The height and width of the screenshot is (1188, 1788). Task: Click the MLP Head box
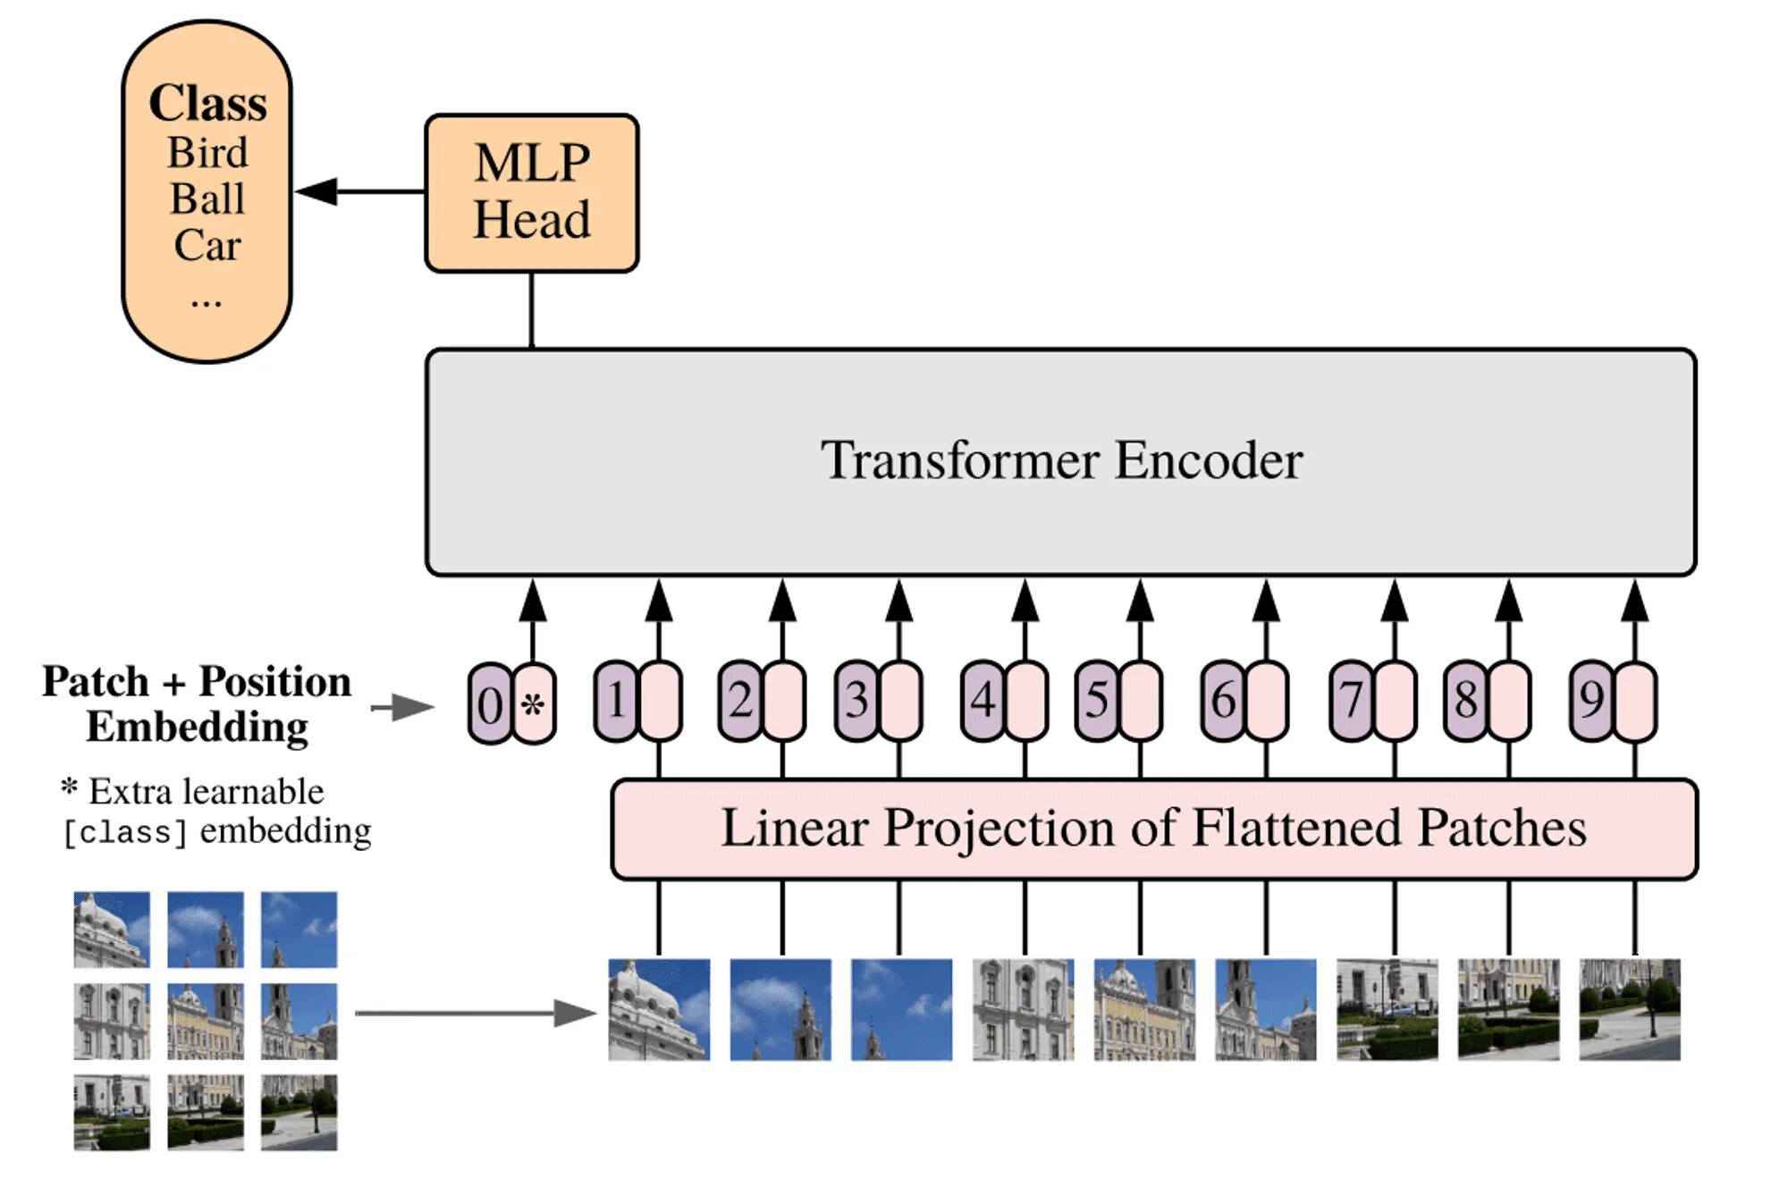(x=531, y=192)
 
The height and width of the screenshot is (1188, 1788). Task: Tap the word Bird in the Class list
(x=207, y=153)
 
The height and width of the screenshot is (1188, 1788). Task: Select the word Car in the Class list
(x=207, y=245)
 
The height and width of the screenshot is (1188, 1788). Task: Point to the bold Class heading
(x=207, y=103)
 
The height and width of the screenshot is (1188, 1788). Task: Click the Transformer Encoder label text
(x=1061, y=460)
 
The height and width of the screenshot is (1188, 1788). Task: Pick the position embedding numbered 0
(x=489, y=704)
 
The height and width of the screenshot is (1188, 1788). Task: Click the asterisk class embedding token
(x=534, y=704)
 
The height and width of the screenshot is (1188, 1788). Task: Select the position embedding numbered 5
(x=1097, y=700)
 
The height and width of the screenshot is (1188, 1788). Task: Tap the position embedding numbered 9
(x=1591, y=700)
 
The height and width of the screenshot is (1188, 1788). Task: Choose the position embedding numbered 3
(x=856, y=700)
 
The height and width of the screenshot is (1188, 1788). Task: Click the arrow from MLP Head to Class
(x=358, y=191)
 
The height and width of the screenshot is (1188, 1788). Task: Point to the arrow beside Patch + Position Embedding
(x=402, y=707)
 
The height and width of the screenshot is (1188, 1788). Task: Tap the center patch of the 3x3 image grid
(x=206, y=1021)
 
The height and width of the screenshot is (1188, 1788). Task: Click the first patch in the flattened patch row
(x=659, y=1009)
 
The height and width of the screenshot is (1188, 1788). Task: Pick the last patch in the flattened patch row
(x=1629, y=1009)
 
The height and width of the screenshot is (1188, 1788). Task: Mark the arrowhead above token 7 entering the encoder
(x=1394, y=601)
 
